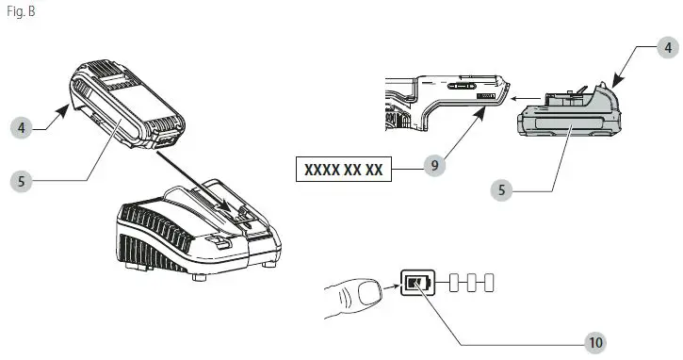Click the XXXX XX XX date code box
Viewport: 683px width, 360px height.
click(342, 169)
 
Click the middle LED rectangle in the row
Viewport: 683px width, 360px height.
click(474, 282)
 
